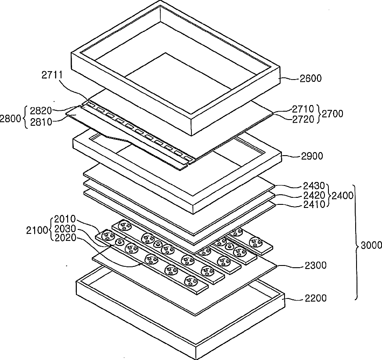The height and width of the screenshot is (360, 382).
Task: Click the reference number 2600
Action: point(310,79)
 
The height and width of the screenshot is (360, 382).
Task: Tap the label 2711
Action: point(52,75)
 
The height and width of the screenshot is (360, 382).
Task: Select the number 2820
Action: point(41,111)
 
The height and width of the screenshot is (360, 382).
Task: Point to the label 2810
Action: point(41,122)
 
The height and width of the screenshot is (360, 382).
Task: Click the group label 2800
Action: point(10,119)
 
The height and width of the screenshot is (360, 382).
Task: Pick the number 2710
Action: point(303,109)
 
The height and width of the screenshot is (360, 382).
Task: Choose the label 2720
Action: point(303,119)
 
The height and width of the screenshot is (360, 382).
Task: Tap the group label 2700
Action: point(332,114)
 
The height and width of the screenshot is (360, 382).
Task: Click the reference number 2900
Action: point(312,156)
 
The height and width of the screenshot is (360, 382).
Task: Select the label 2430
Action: point(314,186)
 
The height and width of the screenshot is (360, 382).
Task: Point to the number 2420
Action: point(314,195)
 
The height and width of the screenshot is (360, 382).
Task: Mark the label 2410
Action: point(314,204)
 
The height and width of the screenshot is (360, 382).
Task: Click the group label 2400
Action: point(342,195)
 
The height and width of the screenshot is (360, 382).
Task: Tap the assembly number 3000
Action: point(371,245)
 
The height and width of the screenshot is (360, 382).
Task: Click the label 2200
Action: point(316,298)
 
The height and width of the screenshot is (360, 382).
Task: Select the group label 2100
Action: point(37,230)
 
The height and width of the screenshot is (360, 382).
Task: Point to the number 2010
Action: point(65,219)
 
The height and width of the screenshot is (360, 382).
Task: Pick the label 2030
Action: point(65,229)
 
